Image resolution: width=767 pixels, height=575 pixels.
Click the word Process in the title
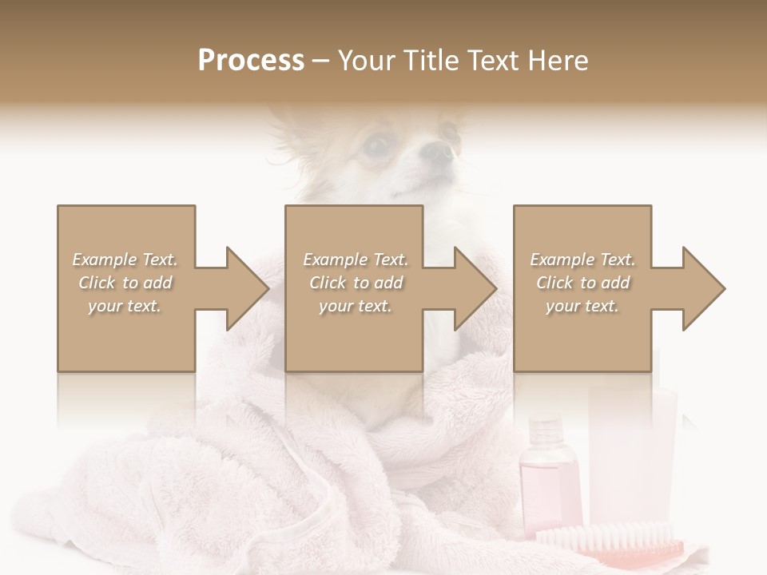pos(251,61)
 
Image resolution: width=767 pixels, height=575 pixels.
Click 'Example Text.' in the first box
pos(125,260)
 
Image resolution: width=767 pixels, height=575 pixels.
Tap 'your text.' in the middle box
pos(355,306)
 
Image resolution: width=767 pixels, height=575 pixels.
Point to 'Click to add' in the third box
pos(583,283)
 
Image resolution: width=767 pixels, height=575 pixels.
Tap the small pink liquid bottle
pos(550,479)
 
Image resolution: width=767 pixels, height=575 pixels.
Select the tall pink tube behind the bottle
pos(631,455)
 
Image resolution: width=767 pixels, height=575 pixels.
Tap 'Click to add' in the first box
pos(125,283)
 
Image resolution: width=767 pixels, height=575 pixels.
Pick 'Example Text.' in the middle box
pos(355,260)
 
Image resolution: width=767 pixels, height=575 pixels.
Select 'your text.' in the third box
pos(583,306)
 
